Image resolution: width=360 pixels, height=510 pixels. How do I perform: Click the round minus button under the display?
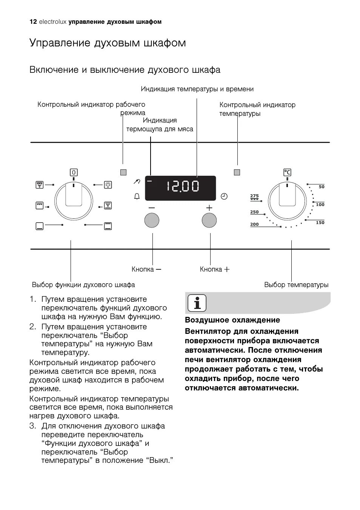[152, 220]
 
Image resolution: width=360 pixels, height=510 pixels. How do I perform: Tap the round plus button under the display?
[209, 220]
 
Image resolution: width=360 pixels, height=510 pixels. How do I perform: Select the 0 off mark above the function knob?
[74, 172]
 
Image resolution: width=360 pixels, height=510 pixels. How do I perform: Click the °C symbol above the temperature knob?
[287, 172]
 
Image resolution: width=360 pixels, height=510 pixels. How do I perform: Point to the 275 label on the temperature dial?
[255, 196]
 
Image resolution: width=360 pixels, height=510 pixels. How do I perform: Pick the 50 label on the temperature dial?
[321, 187]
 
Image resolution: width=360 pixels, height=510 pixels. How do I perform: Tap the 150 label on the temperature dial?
[320, 223]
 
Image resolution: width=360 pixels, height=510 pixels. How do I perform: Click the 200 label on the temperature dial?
[255, 224]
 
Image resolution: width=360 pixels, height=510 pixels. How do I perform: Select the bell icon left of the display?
[137, 196]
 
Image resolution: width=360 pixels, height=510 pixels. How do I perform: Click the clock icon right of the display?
[224, 196]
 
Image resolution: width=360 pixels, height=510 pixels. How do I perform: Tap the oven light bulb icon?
[108, 185]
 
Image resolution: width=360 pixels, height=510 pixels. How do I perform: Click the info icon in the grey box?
[197, 303]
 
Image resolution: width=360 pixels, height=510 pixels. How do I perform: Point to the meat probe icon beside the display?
[137, 182]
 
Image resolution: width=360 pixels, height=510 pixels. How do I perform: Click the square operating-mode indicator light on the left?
[123, 172]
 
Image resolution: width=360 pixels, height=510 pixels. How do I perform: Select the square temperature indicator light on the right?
[237, 172]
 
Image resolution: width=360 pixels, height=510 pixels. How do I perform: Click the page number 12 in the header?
[33, 22]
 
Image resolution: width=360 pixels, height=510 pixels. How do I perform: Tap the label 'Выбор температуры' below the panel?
[296, 285]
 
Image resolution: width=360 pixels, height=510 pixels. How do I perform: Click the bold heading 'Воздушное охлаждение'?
[232, 320]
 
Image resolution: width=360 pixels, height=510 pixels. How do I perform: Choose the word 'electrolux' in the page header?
[53, 22]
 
